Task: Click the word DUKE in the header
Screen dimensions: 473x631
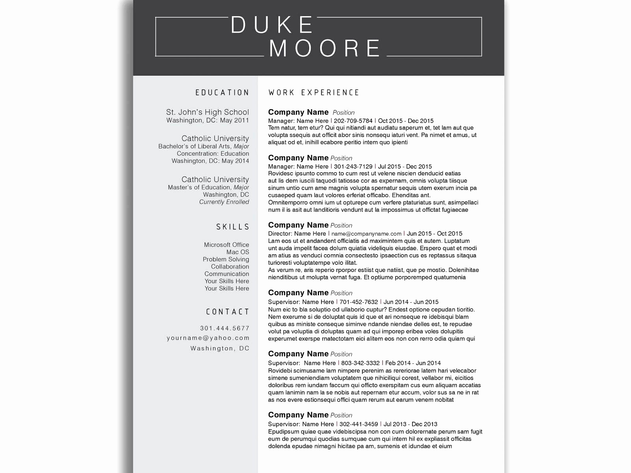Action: (272, 25)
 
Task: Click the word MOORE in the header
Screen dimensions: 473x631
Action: (325, 48)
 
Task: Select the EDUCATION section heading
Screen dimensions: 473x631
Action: (222, 93)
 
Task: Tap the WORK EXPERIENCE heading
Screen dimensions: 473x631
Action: (314, 93)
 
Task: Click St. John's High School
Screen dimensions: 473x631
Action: (207, 112)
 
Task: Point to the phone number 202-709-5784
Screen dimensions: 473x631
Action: (353, 121)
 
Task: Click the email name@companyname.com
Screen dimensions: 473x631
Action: (366, 234)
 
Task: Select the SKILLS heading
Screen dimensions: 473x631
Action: (233, 227)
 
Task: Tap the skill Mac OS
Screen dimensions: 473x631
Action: (237, 252)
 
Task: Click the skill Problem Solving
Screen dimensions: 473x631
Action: (226, 259)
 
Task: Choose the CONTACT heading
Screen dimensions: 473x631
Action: (228, 312)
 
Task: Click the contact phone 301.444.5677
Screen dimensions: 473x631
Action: (224, 328)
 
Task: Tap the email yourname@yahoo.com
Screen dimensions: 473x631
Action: (208, 338)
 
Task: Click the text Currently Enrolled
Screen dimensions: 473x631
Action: (224, 202)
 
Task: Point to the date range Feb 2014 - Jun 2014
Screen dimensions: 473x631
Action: (413, 363)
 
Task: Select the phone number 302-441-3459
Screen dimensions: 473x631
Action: (358, 424)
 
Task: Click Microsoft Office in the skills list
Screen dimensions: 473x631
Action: (226, 245)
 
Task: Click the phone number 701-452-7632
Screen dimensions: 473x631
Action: (358, 302)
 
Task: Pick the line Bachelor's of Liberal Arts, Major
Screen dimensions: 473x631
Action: (203, 146)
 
